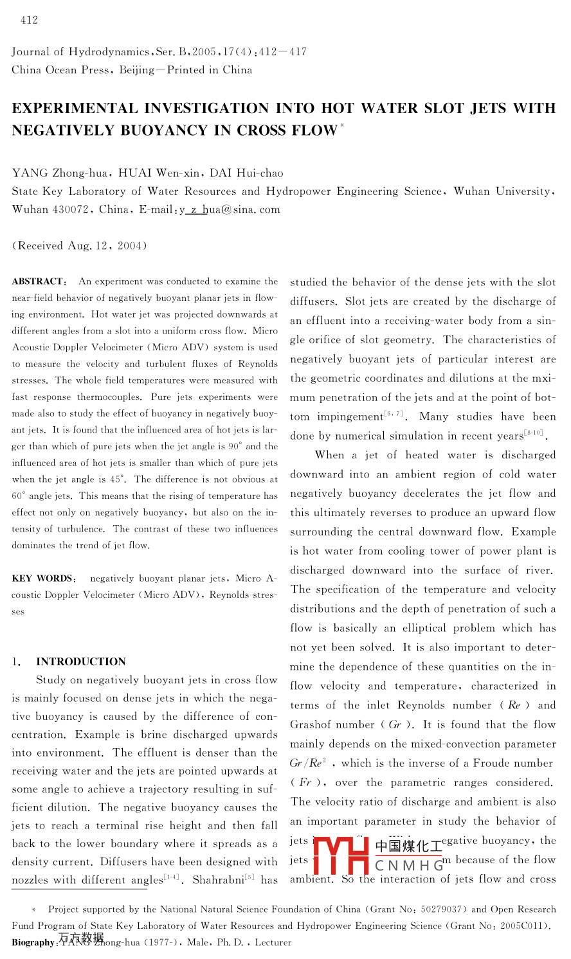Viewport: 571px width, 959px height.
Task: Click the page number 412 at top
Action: click(x=29, y=21)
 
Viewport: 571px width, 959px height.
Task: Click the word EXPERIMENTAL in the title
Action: click(x=75, y=108)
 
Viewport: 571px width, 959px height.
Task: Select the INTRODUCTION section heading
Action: click(x=81, y=661)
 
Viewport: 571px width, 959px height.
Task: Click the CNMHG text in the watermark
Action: click(x=410, y=866)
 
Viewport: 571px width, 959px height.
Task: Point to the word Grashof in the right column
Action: click(x=314, y=724)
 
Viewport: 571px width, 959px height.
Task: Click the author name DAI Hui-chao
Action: click(x=251, y=173)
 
